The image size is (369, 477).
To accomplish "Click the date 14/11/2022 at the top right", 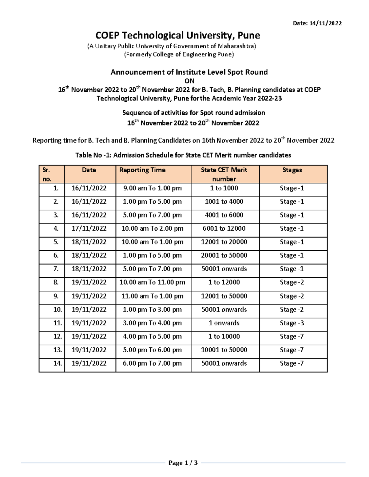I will pos(326,23).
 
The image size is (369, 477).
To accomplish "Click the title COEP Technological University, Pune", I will pos(178,35).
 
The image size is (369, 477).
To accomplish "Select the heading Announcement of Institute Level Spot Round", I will pos(189,72).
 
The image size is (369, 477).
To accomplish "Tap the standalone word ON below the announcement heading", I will pos(189,81).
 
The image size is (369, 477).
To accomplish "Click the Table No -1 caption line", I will pos(183,155).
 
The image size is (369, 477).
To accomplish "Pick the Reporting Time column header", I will pos(142,170).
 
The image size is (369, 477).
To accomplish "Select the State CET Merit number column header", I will pos(224,174).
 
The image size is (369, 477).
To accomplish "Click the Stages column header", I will pos(292,170).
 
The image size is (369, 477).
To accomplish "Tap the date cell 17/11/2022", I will pos(89,229).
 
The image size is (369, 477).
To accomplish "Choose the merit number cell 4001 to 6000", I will pos(224,215).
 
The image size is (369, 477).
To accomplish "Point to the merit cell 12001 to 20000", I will pos(224,242).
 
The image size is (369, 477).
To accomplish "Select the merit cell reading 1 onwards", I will pos(224,323).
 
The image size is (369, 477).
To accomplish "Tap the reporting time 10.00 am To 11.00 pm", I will pos(152,282).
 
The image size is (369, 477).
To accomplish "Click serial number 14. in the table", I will pos(58,363).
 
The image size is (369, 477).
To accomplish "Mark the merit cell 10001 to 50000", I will pos(224,350).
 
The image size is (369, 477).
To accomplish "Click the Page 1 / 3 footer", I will pos(183,463).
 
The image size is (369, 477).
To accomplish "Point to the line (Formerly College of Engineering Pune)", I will pos(179,55).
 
